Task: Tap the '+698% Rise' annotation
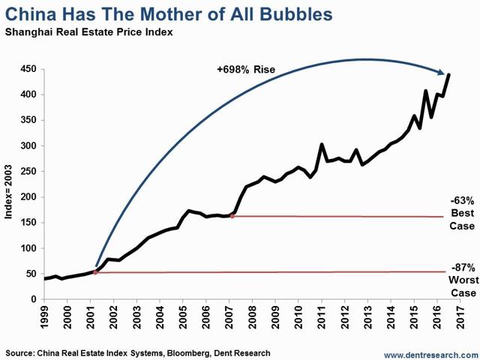tap(246, 70)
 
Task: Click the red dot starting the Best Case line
tap(232, 216)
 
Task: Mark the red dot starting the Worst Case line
tap(94, 272)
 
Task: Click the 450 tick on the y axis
tap(30, 69)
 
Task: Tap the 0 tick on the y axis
tap(34, 300)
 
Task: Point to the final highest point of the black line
tap(448, 74)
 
